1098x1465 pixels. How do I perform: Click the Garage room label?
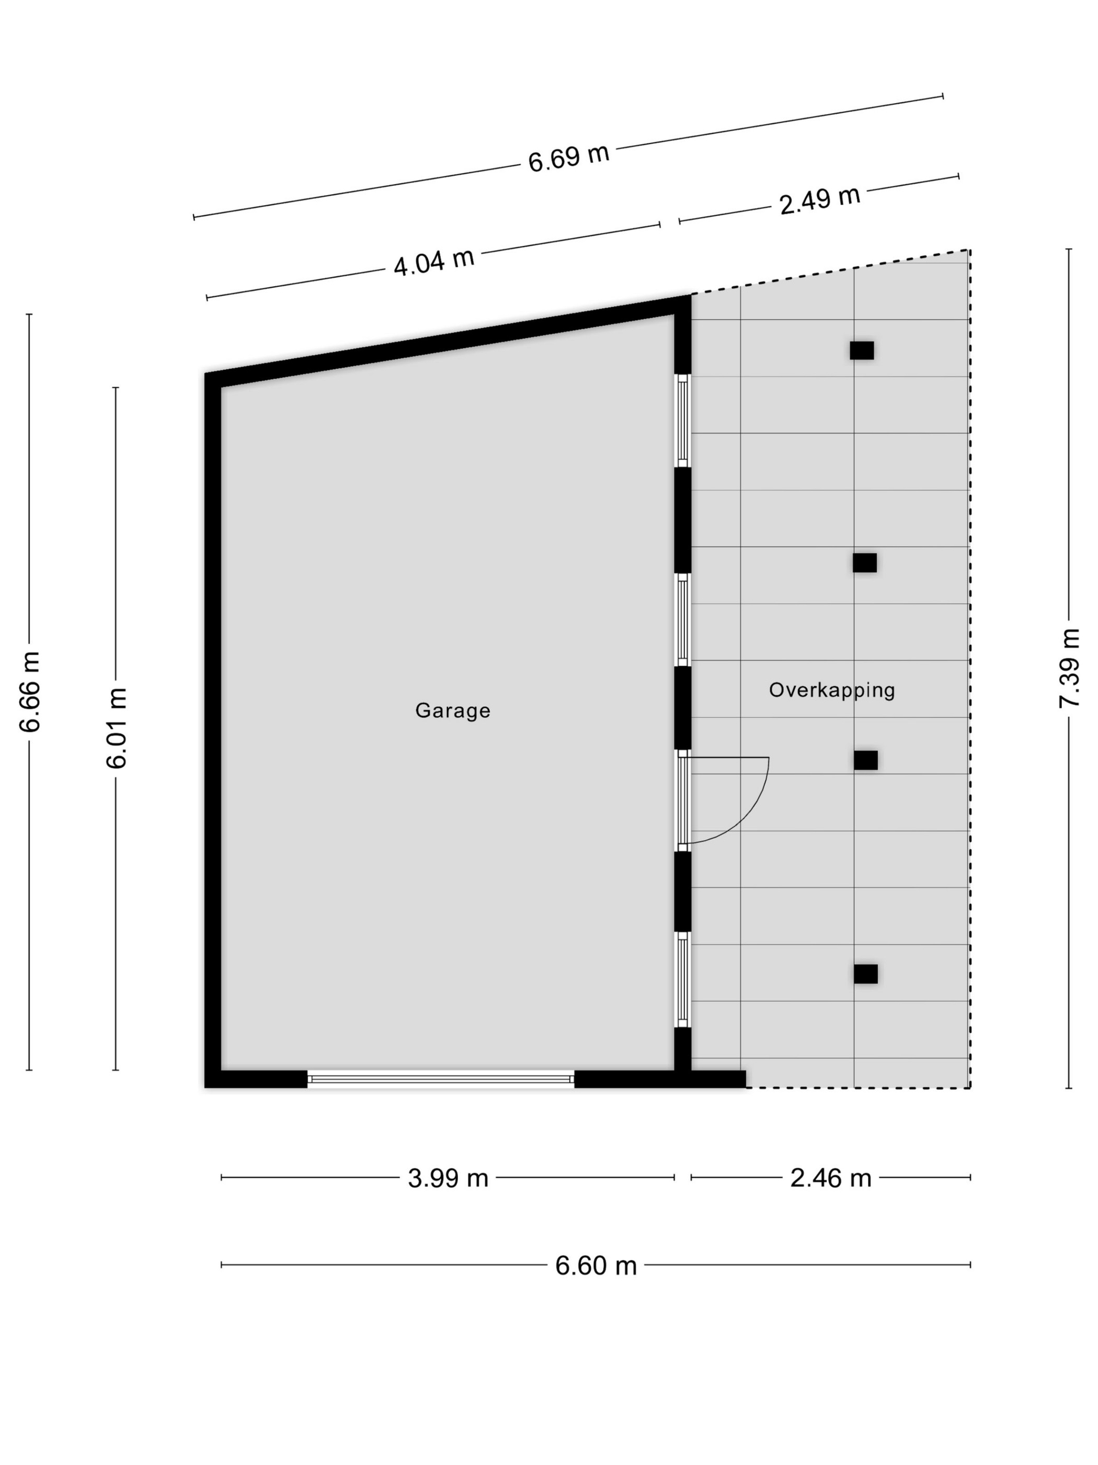coord(453,711)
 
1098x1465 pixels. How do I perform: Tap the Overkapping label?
coord(832,690)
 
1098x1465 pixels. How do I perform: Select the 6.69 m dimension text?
coord(568,159)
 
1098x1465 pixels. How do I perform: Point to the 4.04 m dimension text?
coord(434,262)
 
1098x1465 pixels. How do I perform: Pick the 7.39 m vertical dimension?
coord(1069,668)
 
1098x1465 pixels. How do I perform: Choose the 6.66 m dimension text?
coord(30,692)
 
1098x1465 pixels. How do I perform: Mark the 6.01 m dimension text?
coord(116,728)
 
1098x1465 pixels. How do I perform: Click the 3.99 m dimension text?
coord(448,1178)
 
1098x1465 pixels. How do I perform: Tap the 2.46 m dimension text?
coord(831,1178)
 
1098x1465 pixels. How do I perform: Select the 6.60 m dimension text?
coord(596,1266)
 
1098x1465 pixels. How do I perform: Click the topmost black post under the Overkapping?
coord(862,351)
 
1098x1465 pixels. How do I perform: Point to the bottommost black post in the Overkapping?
coord(866,974)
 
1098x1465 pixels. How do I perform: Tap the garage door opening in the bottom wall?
coord(441,1079)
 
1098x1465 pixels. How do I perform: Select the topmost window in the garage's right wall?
coord(683,421)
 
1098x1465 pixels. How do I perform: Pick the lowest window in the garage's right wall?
coord(683,979)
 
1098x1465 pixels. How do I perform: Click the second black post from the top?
coord(864,562)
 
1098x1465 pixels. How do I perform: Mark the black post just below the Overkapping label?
coord(866,760)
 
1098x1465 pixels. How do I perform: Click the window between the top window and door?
coord(683,619)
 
